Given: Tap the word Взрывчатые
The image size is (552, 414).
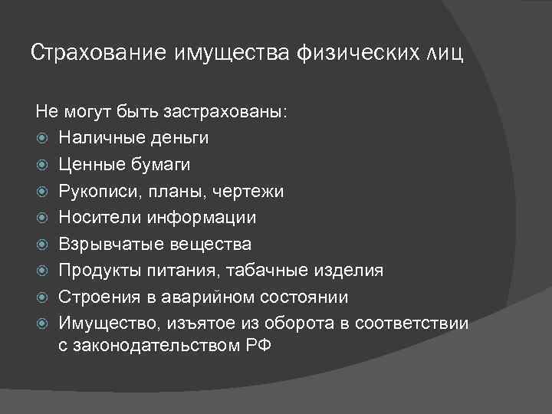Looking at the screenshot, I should [105, 245].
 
